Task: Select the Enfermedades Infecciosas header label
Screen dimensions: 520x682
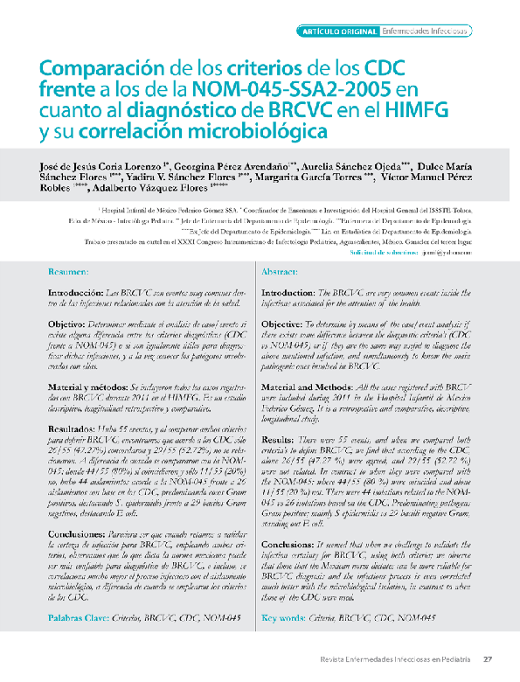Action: click(426, 31)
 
